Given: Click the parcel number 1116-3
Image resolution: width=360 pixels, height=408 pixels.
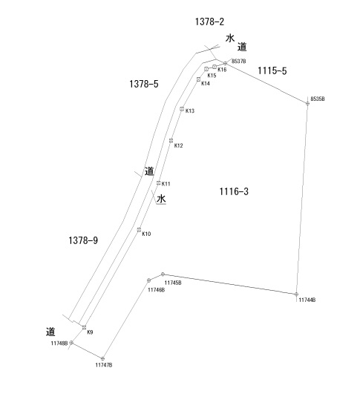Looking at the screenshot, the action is tap(234, 191).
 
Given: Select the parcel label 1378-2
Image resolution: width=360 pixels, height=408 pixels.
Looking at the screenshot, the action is tap(209, 22).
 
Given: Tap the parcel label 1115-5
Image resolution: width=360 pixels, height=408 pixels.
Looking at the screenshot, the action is tap(272, 70).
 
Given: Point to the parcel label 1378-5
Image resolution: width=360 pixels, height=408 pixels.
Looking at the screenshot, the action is tap(144, 84).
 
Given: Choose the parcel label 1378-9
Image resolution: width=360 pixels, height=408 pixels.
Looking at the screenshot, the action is tap(83, 240).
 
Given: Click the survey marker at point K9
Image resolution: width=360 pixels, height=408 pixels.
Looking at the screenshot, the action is tap(84, 328).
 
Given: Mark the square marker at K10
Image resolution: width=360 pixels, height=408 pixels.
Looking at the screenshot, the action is tap(139, 230).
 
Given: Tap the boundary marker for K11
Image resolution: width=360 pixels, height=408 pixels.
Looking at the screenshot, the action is tap(158, 183).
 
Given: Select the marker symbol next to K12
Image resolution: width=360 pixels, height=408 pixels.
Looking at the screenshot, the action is tap(171, 140).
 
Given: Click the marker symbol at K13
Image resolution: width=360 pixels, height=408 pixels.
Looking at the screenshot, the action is tap(182, 109).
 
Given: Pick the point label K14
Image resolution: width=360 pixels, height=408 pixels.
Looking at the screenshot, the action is tap(206, 84).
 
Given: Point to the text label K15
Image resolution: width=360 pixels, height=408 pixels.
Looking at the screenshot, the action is tap(212, 76).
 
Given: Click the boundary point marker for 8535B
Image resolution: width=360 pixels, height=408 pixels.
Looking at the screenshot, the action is tap(307, 104).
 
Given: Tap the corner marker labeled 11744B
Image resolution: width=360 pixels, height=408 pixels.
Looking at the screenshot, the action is tap(296, 295).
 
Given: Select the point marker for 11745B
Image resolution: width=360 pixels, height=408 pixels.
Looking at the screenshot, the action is tap(163, 274).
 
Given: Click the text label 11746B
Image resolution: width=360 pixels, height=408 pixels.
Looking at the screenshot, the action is tap(156, 290).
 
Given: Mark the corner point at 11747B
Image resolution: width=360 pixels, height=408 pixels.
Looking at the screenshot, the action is tap(102, 358).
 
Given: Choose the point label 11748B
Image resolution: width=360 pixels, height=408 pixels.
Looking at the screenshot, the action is tap(59, 343).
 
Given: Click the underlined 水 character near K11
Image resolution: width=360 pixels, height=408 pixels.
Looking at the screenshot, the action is tap(161, 199).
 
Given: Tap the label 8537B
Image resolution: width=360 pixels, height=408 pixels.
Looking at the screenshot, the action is tap(239, 61).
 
